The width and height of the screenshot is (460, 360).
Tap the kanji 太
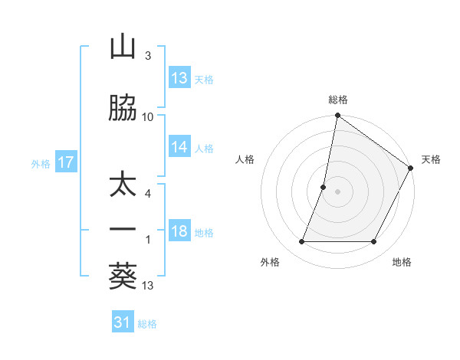pos(123,188)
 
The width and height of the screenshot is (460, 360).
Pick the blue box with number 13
pos(179,78)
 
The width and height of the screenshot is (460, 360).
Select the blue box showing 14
pos(179,148)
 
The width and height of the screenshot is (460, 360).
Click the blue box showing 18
pos(179,232)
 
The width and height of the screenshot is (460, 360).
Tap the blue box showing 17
pos(65,162)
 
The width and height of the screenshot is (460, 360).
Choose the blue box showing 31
pos(123,322)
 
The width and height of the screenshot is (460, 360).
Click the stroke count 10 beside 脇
pos(148,117)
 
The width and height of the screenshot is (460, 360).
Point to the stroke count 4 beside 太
pos(148,194)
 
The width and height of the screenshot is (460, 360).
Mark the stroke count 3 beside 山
pos(148,56)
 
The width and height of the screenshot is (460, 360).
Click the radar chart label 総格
pos(338,100)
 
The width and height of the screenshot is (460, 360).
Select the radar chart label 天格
pos(431,159)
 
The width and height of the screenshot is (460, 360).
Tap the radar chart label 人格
pos(245,159)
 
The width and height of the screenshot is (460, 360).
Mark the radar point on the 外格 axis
pos(301,242)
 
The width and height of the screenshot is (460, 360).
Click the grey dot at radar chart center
pos(337,191)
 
